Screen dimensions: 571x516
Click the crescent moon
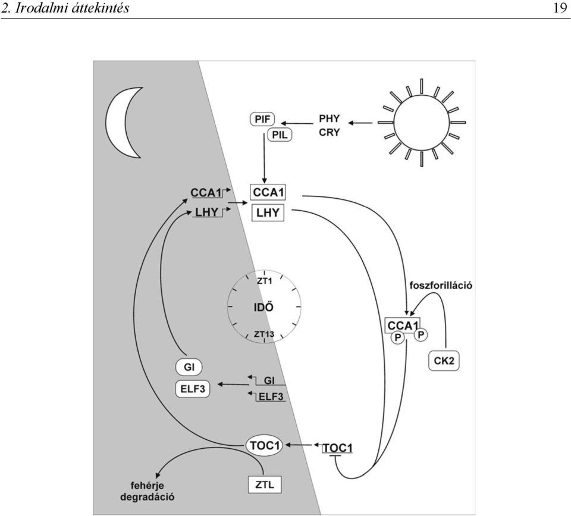coord(116,122)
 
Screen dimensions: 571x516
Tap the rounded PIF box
coord(262,119)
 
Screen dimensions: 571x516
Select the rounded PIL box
coord(280,135)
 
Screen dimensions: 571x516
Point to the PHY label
coord(329,119)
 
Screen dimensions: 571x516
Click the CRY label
coord(329,133)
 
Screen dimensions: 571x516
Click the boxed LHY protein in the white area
coord(268,212)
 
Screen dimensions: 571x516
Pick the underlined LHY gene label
coord(207,212)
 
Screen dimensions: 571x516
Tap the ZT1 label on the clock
coord(264,281)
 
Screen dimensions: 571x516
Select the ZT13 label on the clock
coord(263,334)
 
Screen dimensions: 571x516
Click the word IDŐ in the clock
coord(263,307)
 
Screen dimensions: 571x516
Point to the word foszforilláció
coord(441,285)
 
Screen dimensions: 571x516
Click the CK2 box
coord(444,361)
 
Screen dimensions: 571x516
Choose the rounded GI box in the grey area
coord(189,367)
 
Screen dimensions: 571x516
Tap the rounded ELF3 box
coord(193,389)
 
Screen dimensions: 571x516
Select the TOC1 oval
coord(264,445)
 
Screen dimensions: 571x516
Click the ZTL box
coord(265,484)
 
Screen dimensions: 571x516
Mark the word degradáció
coord(147,497)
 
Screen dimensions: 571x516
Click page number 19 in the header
coord(560,8)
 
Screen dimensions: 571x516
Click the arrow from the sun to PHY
coord(360,123)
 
